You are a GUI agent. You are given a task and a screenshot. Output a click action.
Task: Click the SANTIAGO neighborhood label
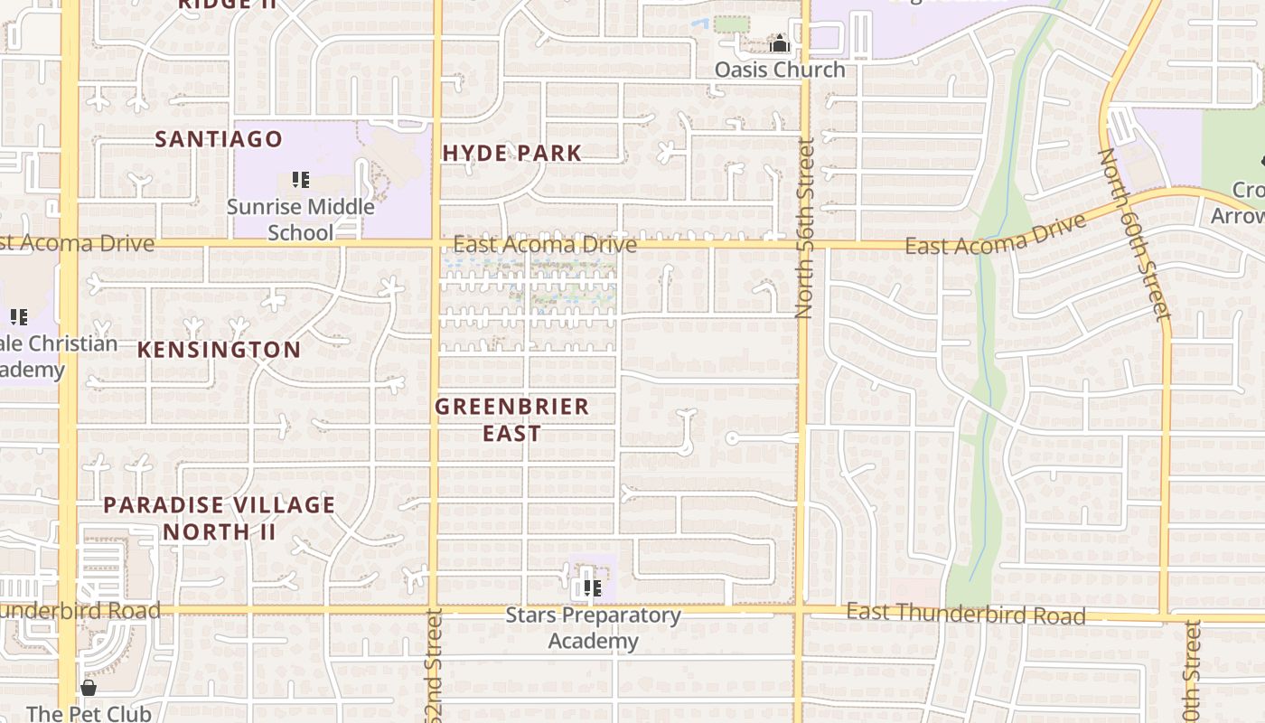[219, 139]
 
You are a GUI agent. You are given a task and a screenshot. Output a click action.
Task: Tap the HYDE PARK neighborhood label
[512, 153]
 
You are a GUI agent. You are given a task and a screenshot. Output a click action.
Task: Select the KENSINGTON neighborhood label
[219, 350]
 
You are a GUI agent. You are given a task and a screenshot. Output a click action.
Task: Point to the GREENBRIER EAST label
[512, 419]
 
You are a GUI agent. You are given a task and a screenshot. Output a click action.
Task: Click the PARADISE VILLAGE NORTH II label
[219, 518]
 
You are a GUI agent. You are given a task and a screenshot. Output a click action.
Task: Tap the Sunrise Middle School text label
[300, 220]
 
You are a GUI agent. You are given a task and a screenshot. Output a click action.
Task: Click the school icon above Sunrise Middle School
[301, 180]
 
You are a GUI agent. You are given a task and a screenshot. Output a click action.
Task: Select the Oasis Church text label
[780, 70]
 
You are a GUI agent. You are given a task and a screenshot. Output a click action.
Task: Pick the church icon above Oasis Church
[780, 43]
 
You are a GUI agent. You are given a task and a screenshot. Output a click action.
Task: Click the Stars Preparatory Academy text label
[594, 628]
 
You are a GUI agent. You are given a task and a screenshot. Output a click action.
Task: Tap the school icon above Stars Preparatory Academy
[593, 588]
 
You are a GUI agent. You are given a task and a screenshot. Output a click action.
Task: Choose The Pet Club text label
[89, 714]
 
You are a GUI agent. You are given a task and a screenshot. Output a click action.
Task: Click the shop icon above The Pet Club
[88, 689]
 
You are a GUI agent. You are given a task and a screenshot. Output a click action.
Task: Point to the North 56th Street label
[804, 228]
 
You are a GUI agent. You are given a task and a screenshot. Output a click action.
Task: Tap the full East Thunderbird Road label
[965, 615]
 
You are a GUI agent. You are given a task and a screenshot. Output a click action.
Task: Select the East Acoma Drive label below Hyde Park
[545, 245]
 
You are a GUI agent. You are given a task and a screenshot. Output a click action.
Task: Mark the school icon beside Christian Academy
[19, 316]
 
